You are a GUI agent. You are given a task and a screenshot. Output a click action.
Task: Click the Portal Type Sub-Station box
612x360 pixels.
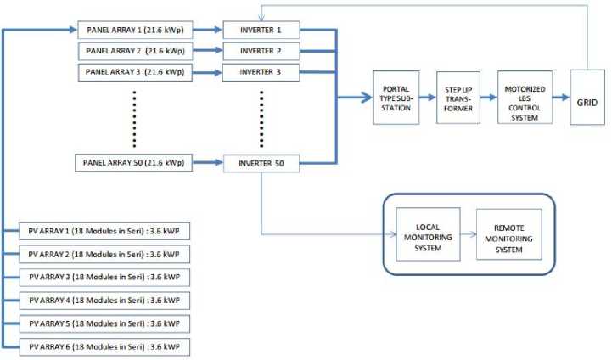tap(396, 98)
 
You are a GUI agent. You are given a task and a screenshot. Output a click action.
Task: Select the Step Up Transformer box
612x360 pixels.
tap(458, 98)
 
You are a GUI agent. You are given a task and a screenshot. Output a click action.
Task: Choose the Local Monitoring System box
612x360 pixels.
tap(428, 235)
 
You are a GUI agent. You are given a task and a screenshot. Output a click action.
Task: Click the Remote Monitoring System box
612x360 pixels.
tap(508, 235)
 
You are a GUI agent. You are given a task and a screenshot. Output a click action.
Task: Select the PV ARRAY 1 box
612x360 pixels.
tap(104, 231)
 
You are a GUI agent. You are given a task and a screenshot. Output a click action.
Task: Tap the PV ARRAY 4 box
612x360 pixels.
tap(104, 301)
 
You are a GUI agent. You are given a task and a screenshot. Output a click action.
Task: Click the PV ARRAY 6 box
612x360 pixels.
tap(104, 346)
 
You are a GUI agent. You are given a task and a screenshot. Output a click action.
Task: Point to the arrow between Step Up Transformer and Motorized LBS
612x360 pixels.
tap(488, 98)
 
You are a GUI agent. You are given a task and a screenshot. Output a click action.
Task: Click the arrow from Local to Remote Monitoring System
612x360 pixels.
tap(468, 235)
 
